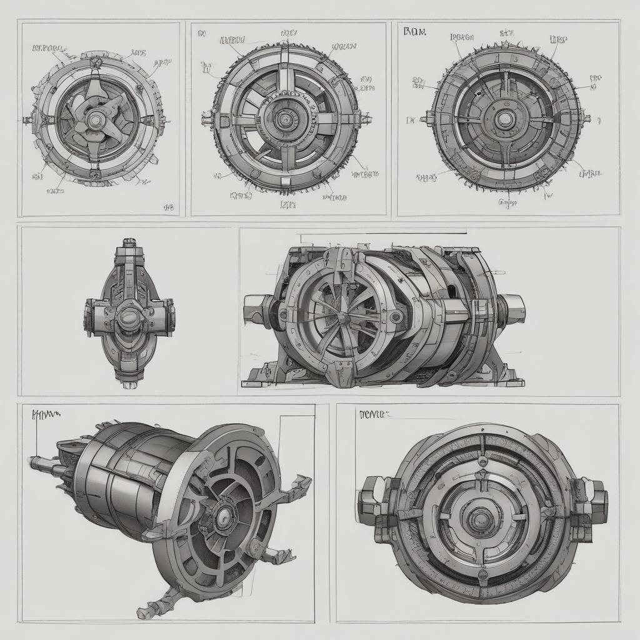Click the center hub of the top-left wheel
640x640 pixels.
coord(96,119)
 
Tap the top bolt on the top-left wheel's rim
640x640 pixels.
coord(96,62)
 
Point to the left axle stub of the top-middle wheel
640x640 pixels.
coord(207,117)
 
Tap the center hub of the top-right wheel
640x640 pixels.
coord(504,117)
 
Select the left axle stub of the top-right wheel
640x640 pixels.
coord(427,117)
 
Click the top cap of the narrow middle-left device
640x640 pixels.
coord(129,242)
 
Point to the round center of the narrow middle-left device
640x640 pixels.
coord(129,316)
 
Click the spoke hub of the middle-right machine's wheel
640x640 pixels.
coord(343,318)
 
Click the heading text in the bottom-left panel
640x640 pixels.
coord(43,413)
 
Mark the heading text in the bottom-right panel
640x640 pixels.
coord(374,413)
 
